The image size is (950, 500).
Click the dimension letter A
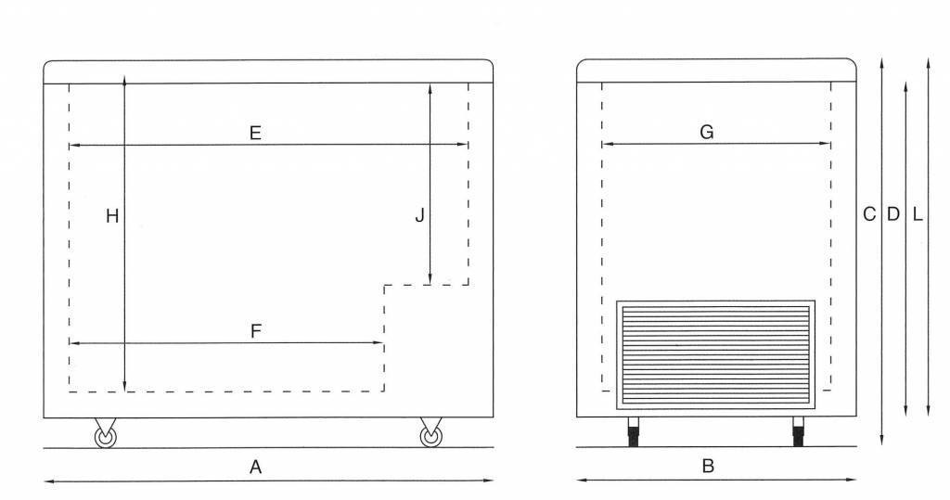coord(256,468)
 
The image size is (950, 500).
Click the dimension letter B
coord(708,467)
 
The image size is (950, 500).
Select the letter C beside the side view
coord(869,214)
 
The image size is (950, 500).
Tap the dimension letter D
coord(892,214)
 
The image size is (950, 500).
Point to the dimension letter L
coord(917,214)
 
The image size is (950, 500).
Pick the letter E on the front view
coord(255,133)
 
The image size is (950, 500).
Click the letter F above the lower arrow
coord(256,331)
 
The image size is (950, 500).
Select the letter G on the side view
coord(706,133)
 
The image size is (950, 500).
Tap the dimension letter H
coord(111,216)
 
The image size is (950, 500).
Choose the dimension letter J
coord(419,216)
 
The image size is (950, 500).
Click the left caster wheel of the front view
coord(104,436)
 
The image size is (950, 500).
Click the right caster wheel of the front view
coord(430,436)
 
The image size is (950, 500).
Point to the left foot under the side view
coord(635,432)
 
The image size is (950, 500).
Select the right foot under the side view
coord(798,432)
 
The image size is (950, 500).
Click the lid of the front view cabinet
coord(268,71)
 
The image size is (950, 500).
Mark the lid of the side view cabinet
coord(715,71)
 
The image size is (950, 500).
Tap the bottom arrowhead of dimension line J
coord(430,281)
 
